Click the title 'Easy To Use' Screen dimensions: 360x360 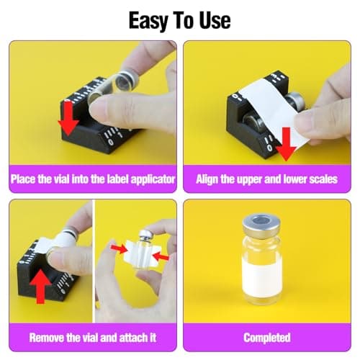[x=180, y=19]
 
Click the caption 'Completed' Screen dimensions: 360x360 [x=266, y=337]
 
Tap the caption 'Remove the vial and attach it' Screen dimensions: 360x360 [x=92, y=337]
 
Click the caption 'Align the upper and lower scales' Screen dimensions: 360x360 [x=266, y=179]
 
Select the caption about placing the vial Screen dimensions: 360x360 [x=92, y=179]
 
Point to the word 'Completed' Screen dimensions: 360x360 [x=266, y=337]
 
